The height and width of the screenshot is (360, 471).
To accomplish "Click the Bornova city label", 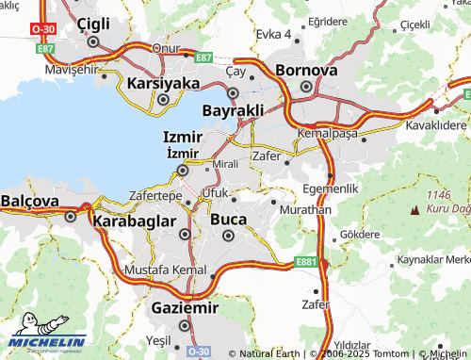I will pyautogui.click(x=306, y=70).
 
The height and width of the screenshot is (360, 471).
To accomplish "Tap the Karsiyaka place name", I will pyautogui.click(x=163, y=83).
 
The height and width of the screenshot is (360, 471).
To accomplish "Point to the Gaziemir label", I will pyautogui.click(x=185, y=308).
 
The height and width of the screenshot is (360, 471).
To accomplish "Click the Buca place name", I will pyautogui.click(x=228, y=219).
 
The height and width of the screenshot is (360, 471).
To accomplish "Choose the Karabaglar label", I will pyautogui.click(x=134, y=221).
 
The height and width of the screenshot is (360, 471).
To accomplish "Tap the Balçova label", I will pyautogui.click(x=30, y=201).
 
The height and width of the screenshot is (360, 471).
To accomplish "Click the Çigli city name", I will pyautogui.click(x=92, y=24).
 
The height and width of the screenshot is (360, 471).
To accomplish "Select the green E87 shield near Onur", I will pyautogui.click(x=203, y=57).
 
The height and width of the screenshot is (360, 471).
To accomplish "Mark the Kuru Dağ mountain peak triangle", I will pyautogui.click(x=415, y=205).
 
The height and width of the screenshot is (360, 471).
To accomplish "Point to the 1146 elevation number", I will pyautogui.click(x=440, y=194).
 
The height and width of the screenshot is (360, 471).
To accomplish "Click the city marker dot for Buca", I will pyautogui.click(x=228, y=236).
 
